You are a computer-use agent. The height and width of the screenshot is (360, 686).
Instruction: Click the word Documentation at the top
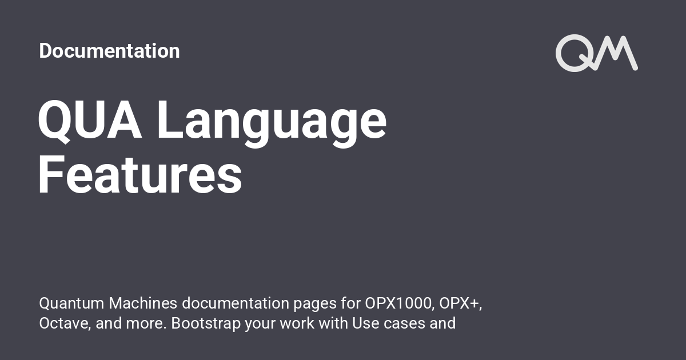click(109, 51)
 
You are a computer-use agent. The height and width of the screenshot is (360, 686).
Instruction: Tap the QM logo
click(596, 53)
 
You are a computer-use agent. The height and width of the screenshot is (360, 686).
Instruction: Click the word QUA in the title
click(90, 121)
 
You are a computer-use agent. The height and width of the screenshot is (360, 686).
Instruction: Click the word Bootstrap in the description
click(206, 323)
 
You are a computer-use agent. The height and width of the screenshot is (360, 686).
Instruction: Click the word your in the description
click(260, 323)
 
